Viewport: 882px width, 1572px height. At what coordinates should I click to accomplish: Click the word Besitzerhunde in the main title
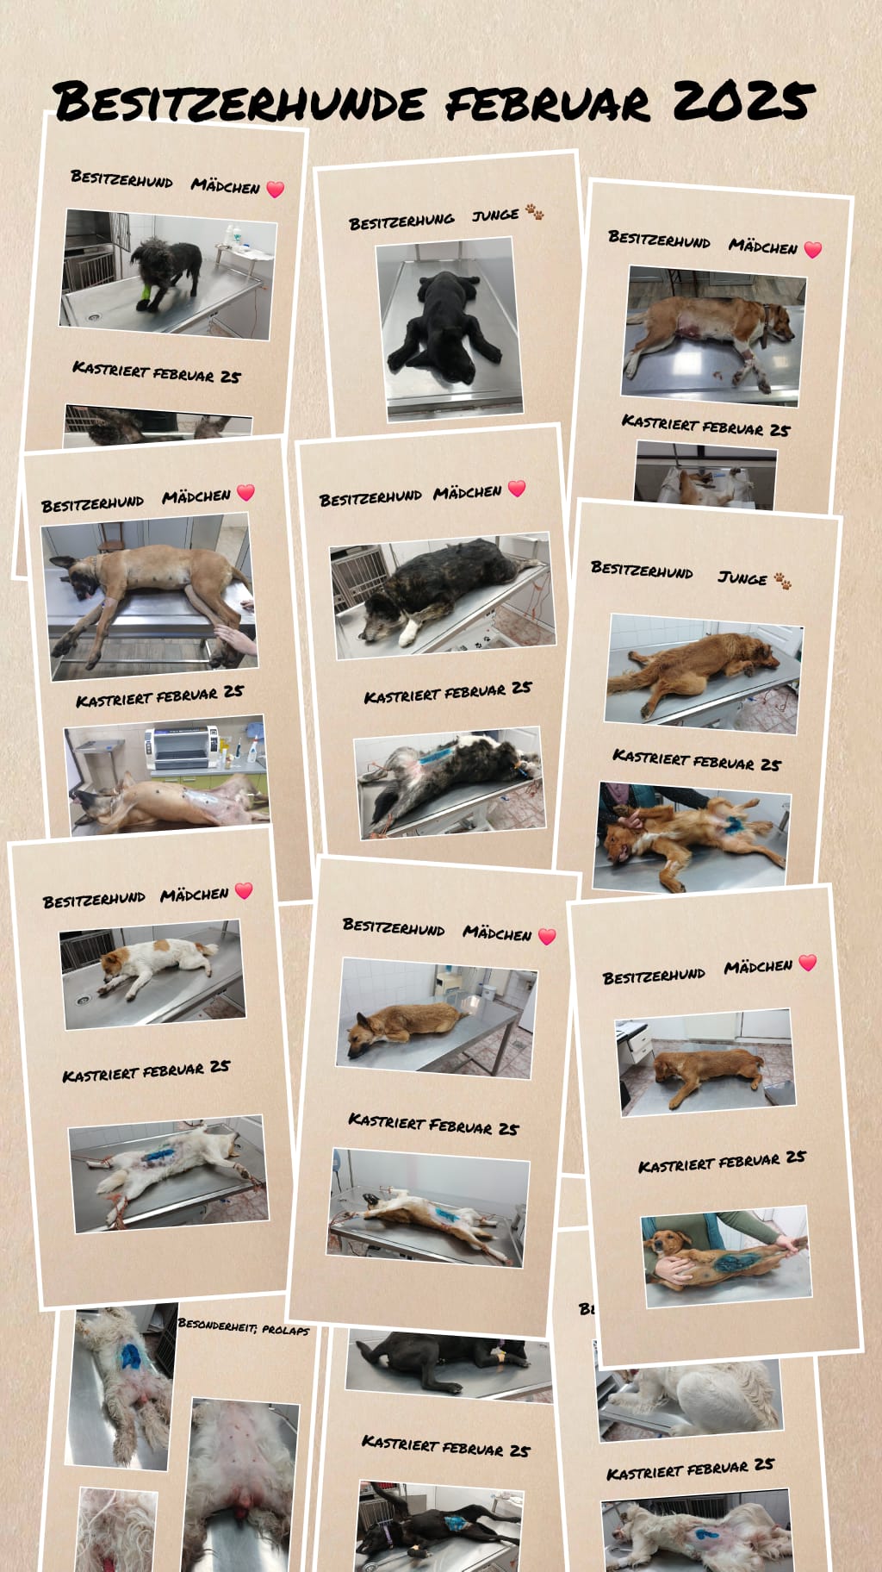coord(239,102)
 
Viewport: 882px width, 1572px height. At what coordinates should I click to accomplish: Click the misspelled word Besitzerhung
coord(401,221)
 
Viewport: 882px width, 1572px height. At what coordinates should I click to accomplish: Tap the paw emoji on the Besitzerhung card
coord(534,212)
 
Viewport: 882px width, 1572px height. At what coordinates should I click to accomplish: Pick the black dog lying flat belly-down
coord(444,326)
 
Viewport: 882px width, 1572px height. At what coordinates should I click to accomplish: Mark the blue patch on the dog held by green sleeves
coord(734,1263)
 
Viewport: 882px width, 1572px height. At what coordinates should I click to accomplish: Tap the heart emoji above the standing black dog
coord(276,189)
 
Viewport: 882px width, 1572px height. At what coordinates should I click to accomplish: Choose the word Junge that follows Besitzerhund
coord(742,577)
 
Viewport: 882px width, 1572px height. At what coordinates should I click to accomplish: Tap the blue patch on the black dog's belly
coord(453,1523)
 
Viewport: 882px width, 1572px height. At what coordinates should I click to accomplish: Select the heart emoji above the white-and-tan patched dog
coord(244,890)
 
